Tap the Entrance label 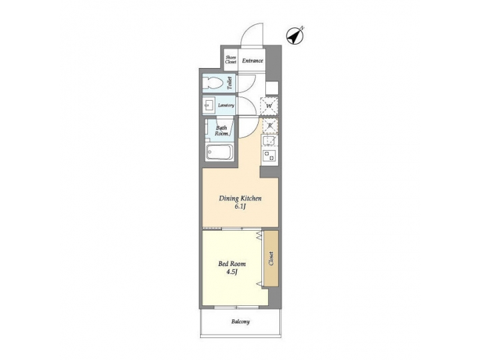253,61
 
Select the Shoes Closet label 231,61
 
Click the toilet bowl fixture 214,83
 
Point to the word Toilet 230,83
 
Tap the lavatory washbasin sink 209,105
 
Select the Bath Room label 222,130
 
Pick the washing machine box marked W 270,105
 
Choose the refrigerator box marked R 270,126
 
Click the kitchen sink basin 270,141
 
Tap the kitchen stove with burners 270,157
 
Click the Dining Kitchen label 241,199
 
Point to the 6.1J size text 241,207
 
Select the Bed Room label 231,263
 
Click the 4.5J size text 231,272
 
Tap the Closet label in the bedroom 271,259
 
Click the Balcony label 241,322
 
